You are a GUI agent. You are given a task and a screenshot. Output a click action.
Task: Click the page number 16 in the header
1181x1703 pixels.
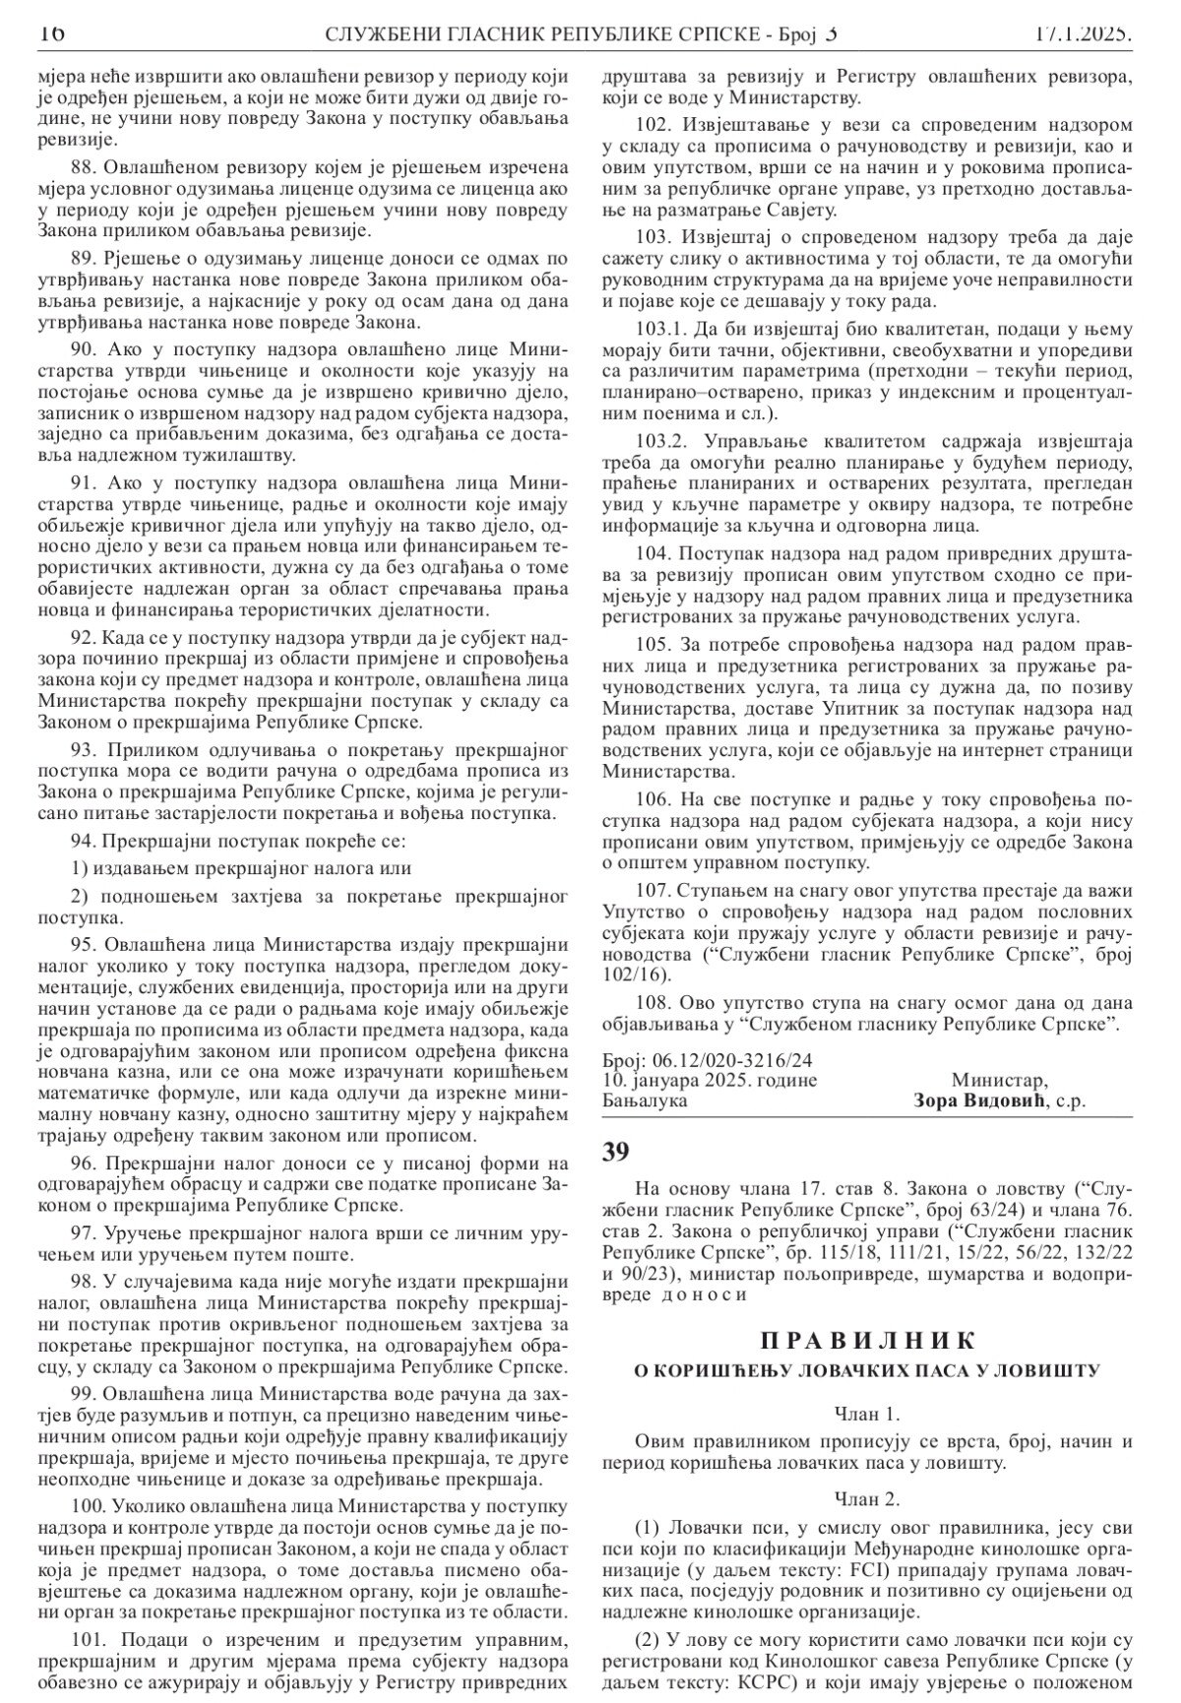[51, 34]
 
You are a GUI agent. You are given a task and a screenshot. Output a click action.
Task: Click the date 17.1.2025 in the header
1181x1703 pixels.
[1083, 34]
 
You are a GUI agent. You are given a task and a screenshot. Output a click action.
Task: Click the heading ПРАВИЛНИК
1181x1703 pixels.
[868, 1341]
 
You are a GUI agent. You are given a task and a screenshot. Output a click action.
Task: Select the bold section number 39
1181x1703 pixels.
[616, 1150]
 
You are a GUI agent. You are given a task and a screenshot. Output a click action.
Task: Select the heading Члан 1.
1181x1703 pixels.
[867, 1415]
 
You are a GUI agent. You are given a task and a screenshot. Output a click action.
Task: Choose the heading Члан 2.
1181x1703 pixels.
[867, 1500]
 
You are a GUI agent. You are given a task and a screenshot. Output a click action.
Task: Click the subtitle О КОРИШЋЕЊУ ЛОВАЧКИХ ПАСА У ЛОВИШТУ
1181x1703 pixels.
[867, 1370]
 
